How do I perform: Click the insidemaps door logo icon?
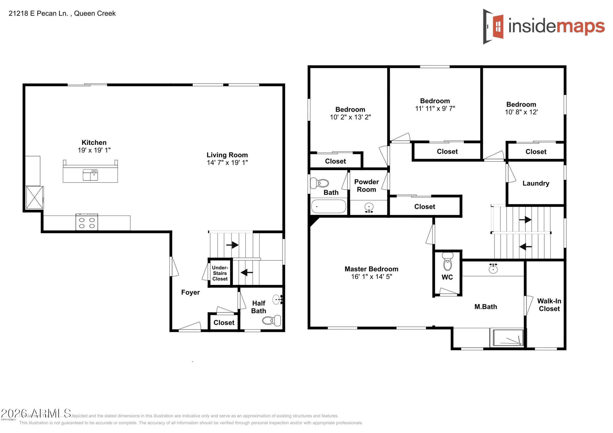pos(493,27)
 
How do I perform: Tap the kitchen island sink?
pos(90,175)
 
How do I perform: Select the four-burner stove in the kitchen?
pos(87,222)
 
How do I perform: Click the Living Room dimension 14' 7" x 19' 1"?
pos(227,162)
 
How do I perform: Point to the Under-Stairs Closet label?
pos(220,273)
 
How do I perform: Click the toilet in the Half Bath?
pos(272,320)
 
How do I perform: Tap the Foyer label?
pos(190,292)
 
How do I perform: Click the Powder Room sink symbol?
pos(369,208)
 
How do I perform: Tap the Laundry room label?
pos(536,183)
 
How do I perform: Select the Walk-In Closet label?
pos(549,305)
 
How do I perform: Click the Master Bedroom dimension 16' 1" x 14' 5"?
pos(371,276)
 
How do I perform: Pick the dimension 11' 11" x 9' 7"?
pos(435,108)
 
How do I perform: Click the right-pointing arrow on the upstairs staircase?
pos(525,219)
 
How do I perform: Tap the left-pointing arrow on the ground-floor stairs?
pos(246,272)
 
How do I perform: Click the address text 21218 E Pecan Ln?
pos(38,13)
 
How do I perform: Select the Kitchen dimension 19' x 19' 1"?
pos(94,150)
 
